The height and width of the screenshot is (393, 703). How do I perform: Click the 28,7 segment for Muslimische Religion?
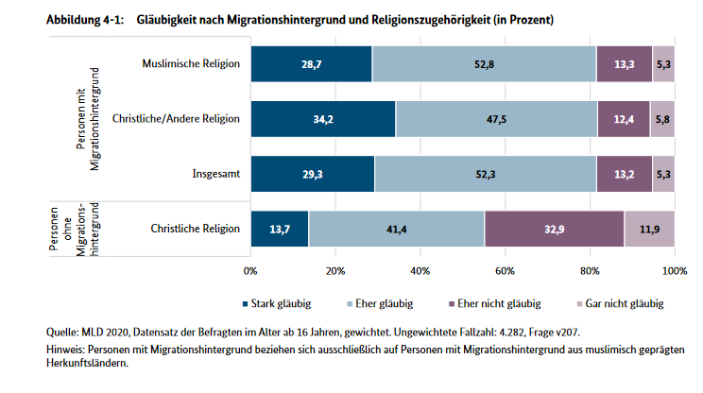(x=312, y=63)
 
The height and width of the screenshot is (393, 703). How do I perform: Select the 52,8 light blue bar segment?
(x=484, y=63)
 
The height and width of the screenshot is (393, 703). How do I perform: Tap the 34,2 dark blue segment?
(x=323, y=119)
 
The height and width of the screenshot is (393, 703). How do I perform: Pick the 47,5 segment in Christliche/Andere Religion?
(x=496, y=119)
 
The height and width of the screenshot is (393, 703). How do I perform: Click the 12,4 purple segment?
(x=624, y=119)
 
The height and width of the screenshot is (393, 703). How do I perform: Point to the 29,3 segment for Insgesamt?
(x=313, y=174)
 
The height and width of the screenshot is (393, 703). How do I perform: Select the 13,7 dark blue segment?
(x=280, y=230)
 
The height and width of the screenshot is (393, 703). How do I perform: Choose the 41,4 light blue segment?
(x=396, y=230)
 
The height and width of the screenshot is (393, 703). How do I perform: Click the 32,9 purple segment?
(x=554, y=230)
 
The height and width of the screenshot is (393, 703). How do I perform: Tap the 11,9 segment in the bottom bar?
(x=649, y=230)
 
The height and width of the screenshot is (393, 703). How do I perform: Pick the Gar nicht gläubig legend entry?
(x=619, y=304)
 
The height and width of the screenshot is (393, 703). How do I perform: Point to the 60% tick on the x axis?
(x=505, y=271)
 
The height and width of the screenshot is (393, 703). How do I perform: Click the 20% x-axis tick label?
(x=335, y=271)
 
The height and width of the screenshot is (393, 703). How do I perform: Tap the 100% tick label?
(x=674, y=271)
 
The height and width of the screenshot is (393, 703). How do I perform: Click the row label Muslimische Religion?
(x=191, y=63)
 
